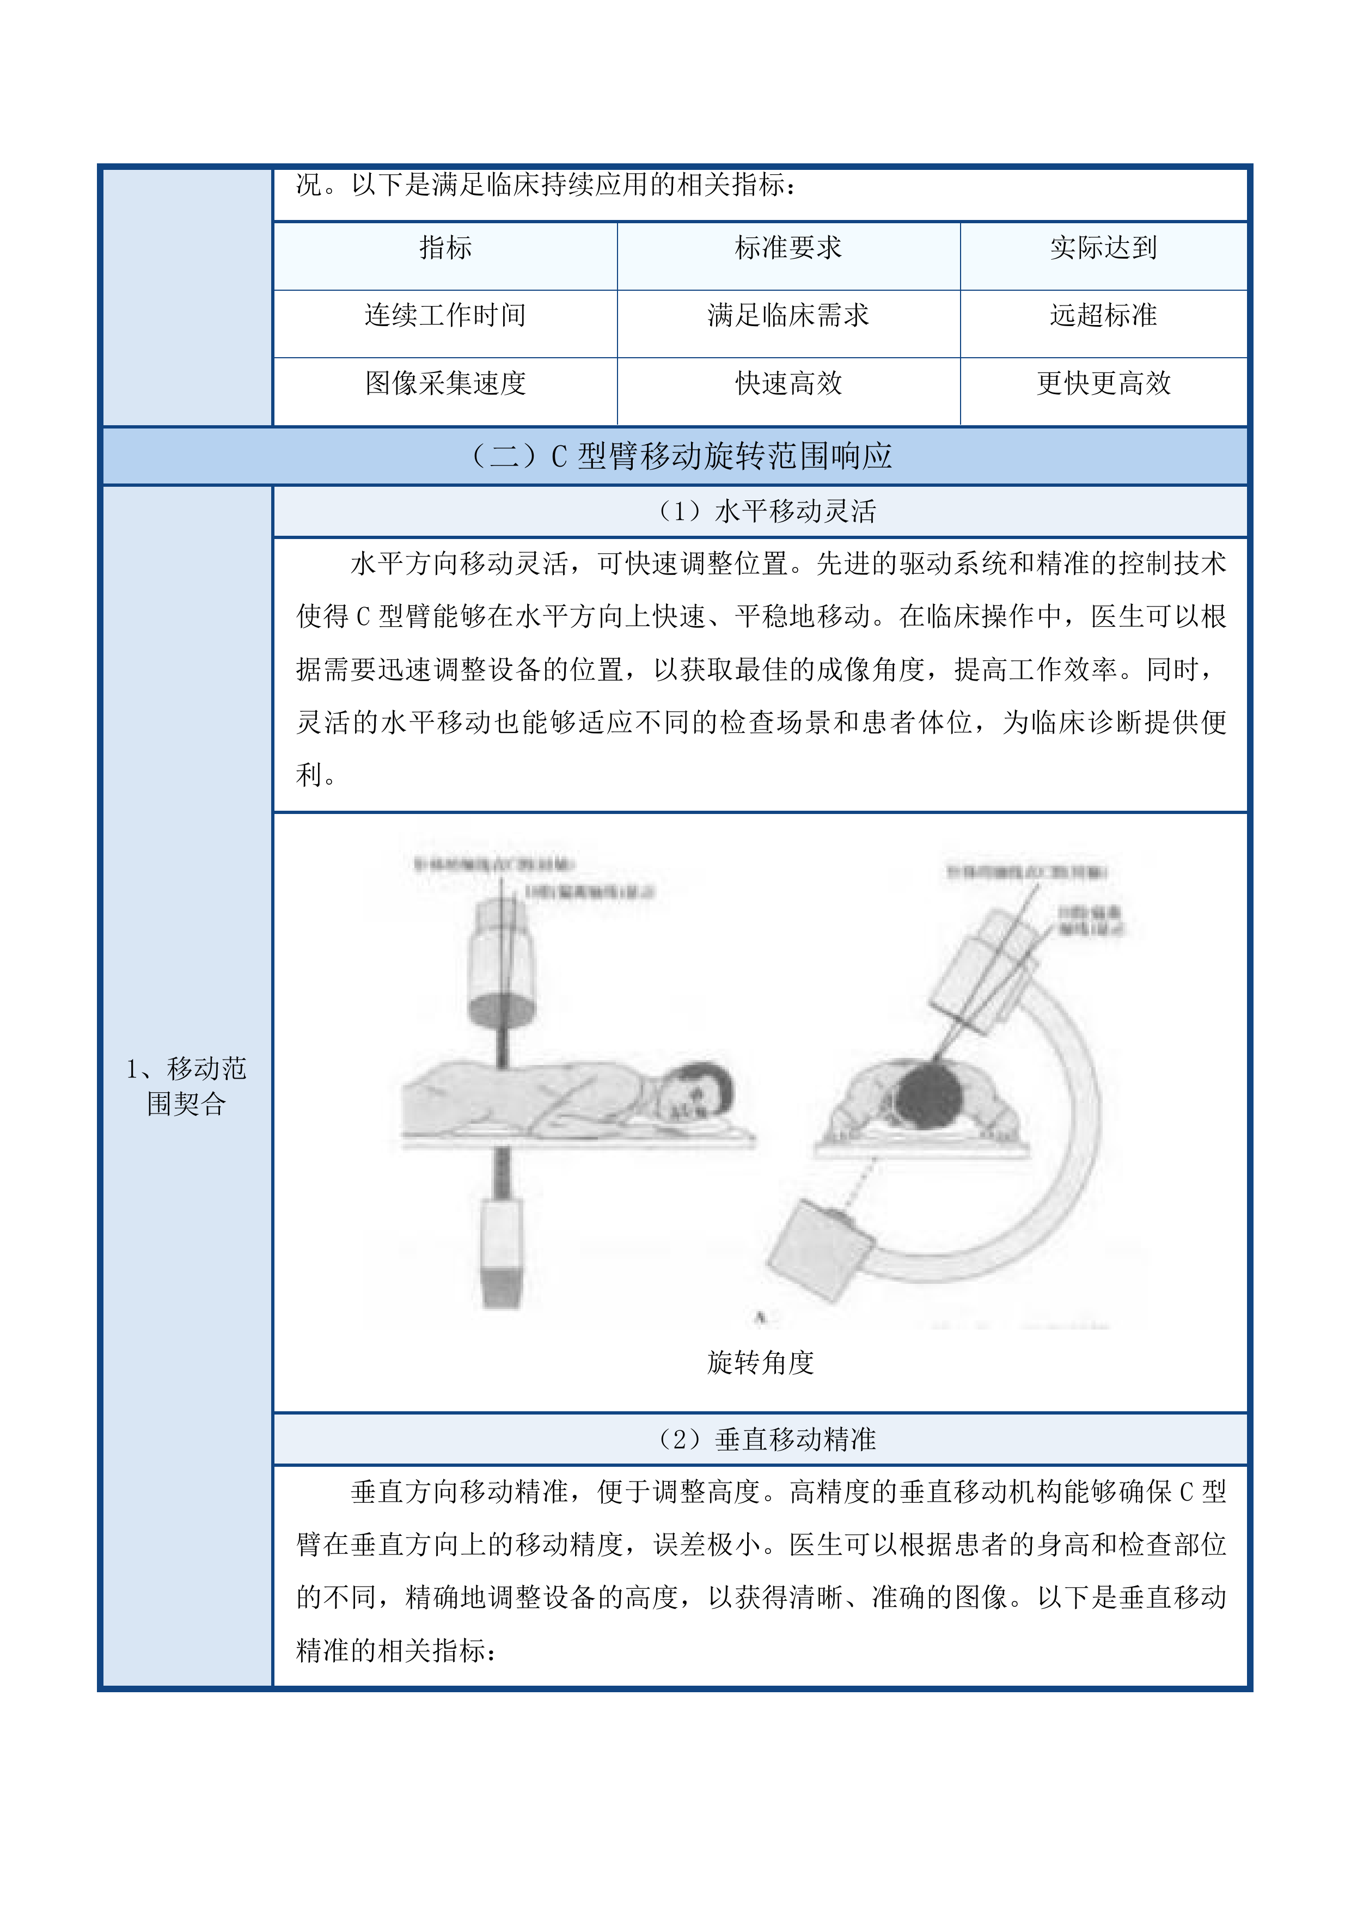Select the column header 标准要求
point(788,248)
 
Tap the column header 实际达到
point(1103,248)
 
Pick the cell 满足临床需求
point(788,315)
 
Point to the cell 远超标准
point(1103,315)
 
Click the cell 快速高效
point(788,383)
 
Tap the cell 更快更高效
point(1103,383)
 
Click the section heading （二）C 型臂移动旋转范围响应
point(681,456)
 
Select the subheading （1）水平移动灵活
point(765,511)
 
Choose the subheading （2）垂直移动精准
point(765,1438)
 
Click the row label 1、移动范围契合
point(186,1086)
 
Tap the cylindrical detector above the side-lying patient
point(501,965)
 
